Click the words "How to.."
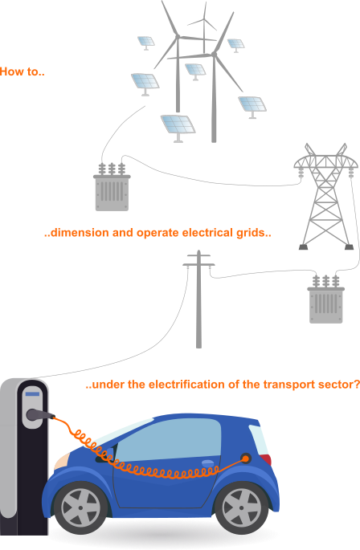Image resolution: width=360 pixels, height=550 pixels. pos(22,72)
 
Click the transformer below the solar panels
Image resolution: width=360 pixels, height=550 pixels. pos(112,187)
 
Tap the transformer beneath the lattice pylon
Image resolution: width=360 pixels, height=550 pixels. pos(326,299)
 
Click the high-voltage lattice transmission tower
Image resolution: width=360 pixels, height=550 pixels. pos(325,197)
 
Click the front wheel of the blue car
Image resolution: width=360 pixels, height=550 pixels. pos(80,507)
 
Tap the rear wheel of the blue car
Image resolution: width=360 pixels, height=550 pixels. pos(241,508)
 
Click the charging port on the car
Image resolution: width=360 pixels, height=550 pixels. pos(246,458)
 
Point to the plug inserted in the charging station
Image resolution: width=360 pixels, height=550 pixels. pos(39,415)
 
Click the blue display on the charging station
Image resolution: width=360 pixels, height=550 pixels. pos(33,394)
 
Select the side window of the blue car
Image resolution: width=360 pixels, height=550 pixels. pos(169,440)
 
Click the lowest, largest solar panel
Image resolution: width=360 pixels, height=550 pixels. pos(178,125)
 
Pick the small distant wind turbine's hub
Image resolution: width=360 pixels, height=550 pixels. pos(204,19)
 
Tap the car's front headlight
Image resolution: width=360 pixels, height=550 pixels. pos(61,461)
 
